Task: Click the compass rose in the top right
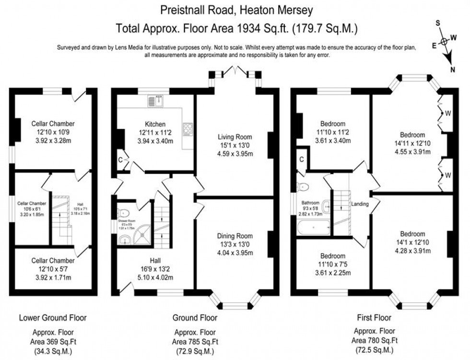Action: [x=444, y=42]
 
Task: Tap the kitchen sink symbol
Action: [x=156, y=101]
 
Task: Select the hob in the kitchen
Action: [x=187, y=128]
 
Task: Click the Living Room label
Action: [x=235, y=137]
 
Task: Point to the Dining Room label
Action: [x=235, y=236]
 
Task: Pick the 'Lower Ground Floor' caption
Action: [x=53, y=317]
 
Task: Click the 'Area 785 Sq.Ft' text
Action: [x=195, y=341]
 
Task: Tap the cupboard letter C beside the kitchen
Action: [x=120, y=159]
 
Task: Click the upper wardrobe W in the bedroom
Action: [x=446, y=114]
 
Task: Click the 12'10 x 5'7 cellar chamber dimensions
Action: [x=53, y=269]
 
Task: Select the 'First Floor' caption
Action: [x=374, y=317]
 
